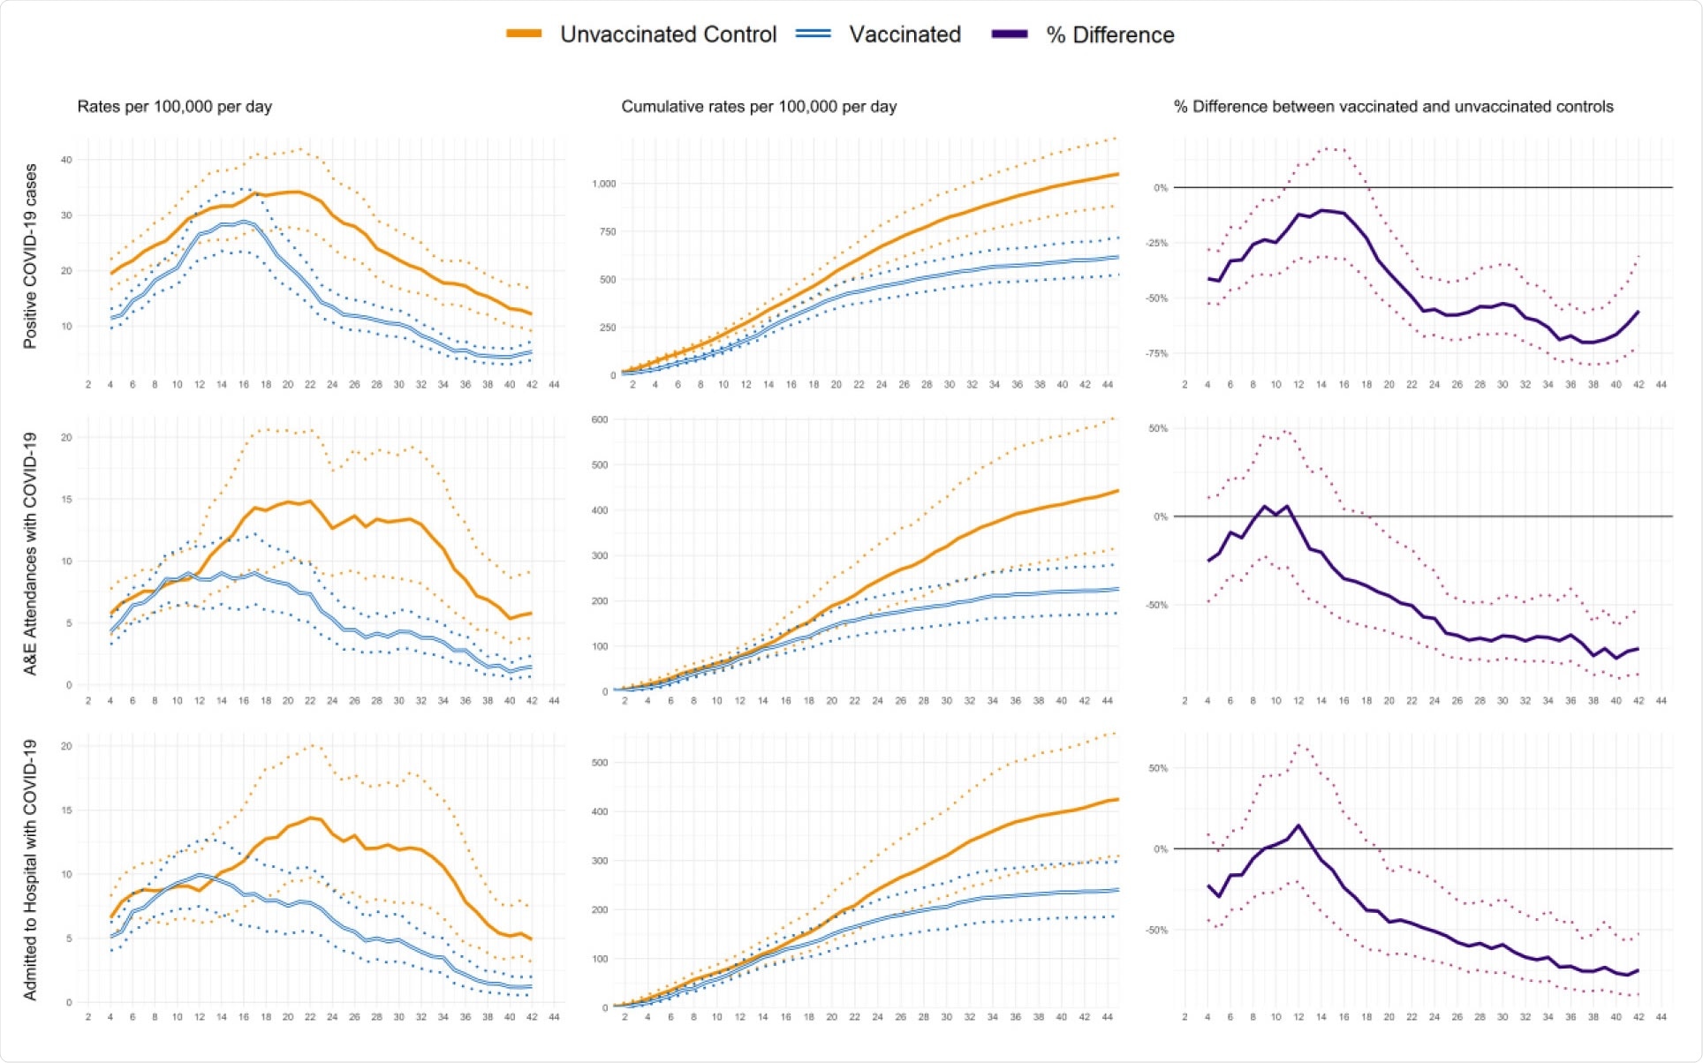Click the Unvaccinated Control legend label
click(x=668, y=34)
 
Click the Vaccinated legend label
click(x=904, y=34)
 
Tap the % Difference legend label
click(x=1110, y=35)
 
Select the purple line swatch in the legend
click(x=1010, y=34)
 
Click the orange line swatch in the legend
click(x=524, y=34)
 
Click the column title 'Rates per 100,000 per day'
click(x=174, y=107)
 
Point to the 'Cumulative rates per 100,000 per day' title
click(x=759, y=107)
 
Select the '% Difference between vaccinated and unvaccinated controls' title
click(x=1393, y=107)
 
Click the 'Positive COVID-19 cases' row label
click(x=30, y=256)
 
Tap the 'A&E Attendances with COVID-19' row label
click(x=30, y=554)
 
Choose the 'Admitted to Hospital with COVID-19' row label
click(x=30, y=870)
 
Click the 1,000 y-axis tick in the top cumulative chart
click(x=604, y=184)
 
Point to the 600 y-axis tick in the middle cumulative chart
click(x=600, y=419)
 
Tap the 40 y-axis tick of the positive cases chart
click(x=66, y=160)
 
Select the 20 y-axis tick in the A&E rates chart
click(x=66, y=437)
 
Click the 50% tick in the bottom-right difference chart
click(x=1158, y=768)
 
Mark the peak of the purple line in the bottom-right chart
click(x=1298, y=826)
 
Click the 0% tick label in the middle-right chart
click(x=1160, y=516)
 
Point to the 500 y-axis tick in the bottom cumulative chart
click(x=600, y=762)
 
